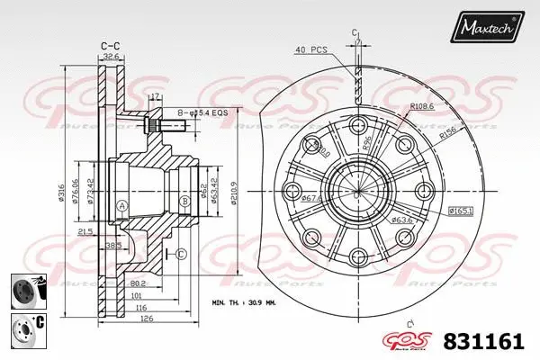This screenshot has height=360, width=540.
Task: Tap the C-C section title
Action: [x=111, y=43]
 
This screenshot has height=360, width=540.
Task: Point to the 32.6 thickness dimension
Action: [x=111, y=55]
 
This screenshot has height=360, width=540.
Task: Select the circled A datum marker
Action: [x=121, y=205]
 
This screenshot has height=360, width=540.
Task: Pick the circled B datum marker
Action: [x=184, y=200]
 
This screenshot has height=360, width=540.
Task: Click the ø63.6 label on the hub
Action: [x=401, y=220]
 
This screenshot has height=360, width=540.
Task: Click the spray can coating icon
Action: [x=23, y=290]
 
